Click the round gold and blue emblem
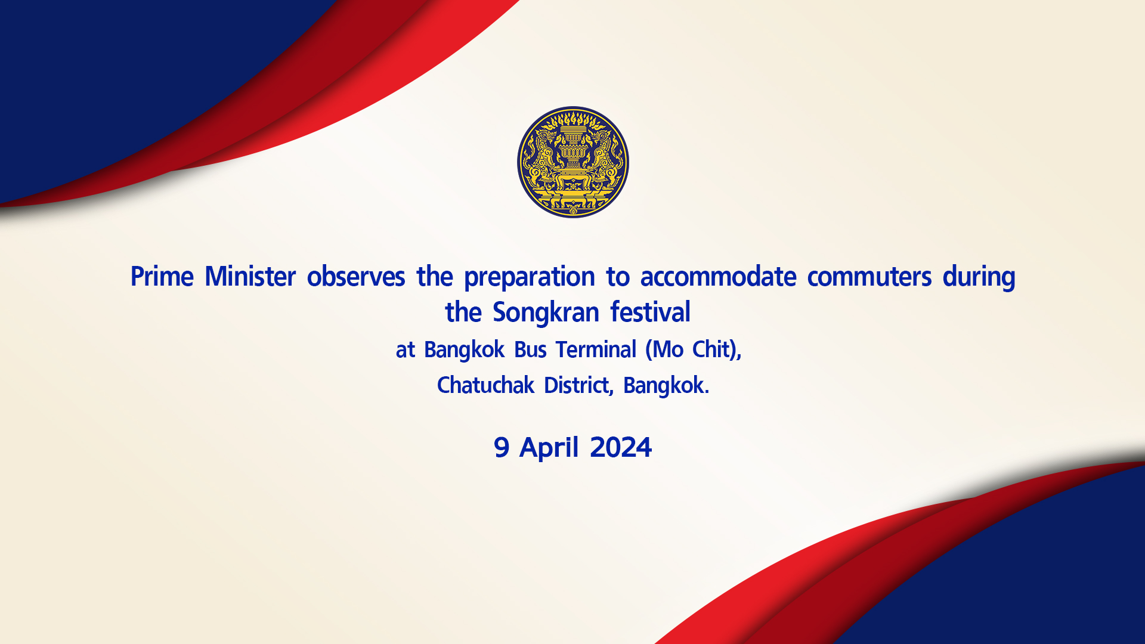(x=572, y=162)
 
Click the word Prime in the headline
(x=162, y=277)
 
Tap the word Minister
(x=250, y=277)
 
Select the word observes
(x=356, y=277)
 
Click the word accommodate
(x=719, y=277)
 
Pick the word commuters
(x=869, y=277)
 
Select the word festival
(x=651, y=312)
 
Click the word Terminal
(x=596, y=349)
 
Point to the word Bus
(x=530, y=349)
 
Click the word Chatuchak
(x=485, y=385)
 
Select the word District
(x=578, y=386)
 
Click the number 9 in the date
(x=502, y=447)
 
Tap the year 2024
(x=621, y=447)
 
